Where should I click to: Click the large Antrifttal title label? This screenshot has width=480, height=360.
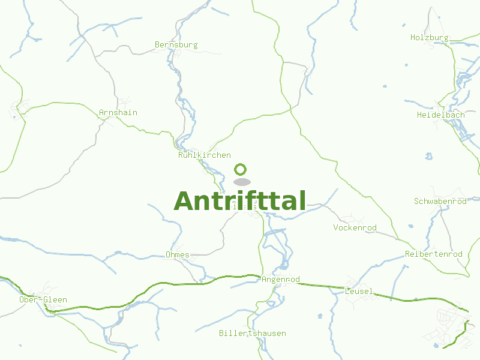tap(240, 201)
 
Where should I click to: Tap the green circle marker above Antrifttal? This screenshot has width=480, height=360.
tap(241, 170)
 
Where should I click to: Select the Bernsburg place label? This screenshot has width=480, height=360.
tap(176, 45)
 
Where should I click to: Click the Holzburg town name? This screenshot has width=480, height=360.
tap(429, 38)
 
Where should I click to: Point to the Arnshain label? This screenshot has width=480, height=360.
tap(118, 113)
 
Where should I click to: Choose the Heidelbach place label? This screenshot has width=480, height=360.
tap(441, 115)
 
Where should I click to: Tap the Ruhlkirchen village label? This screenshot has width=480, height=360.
tap(204, 155)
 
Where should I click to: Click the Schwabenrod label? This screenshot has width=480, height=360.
tap(440, 202)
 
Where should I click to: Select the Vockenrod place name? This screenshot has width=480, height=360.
tap(355, 228)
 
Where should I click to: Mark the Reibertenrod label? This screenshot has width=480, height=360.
tap(434, 254)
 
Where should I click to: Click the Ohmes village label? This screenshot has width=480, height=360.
tap(177, 255)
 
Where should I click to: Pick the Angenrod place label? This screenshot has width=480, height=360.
tap(280, 280)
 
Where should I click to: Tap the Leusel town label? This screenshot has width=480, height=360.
tap(359, 292)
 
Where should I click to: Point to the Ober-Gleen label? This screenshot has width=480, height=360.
tap(43, 300)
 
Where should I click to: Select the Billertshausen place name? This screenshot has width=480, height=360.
tap(252, 333)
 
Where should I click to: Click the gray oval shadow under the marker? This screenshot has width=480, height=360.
tap(241, 182)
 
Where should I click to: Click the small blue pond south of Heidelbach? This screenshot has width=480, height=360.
tap(428, 157)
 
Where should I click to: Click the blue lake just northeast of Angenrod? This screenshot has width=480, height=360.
tap(284, 264)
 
